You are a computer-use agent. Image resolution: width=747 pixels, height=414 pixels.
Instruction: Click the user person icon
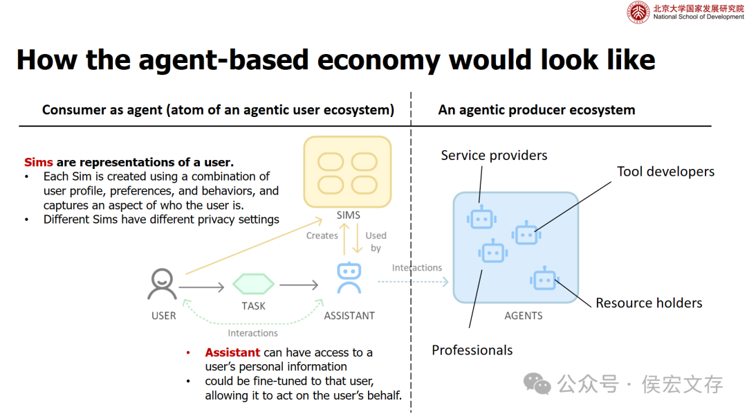[163, 284]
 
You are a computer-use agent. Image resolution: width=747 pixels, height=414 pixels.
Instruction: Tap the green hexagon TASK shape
[253, 284]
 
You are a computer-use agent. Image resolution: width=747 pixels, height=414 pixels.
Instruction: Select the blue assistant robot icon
[349, 278]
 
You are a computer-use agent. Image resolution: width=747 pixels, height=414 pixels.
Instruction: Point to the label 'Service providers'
[494, 155]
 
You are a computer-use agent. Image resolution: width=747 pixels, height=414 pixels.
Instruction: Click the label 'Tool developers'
[665, 172]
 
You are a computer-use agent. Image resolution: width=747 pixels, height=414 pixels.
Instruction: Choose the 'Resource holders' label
[649, 303]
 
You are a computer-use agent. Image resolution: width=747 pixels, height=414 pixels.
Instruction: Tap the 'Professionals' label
[472, 350]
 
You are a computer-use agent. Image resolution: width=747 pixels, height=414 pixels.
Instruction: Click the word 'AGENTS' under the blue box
[524, 316]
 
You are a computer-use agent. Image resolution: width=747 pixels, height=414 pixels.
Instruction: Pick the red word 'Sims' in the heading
[39, 162]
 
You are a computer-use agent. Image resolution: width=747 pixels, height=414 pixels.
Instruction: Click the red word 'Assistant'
[232, 352]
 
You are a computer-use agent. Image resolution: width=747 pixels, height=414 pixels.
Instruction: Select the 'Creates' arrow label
[322, 235]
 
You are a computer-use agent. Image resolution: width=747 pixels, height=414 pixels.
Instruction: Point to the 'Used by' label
[376, 242]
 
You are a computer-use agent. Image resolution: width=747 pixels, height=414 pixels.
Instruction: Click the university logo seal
[638, 12]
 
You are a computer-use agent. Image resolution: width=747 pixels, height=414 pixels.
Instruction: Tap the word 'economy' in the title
[375, 60]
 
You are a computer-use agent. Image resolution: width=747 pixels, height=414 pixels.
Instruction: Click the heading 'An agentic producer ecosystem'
[536, 109]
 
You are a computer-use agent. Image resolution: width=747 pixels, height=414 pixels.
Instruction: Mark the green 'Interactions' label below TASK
[252, 333]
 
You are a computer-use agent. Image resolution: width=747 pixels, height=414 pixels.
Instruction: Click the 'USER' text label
[164, 316]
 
